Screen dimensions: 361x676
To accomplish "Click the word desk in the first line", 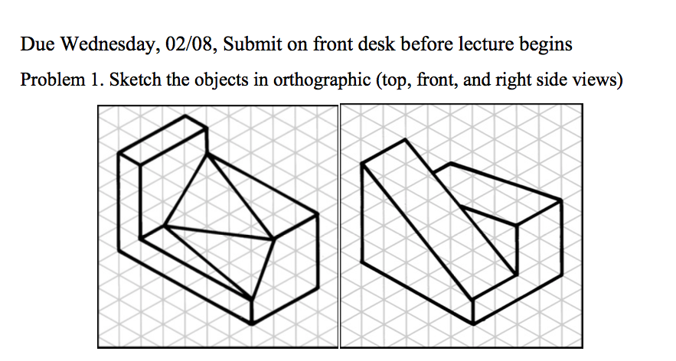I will pos(363,44).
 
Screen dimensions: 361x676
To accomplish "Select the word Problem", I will pos(48,80).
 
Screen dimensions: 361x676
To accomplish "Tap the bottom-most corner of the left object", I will pos(252,324).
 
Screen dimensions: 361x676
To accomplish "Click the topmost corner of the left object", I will pos(185,116).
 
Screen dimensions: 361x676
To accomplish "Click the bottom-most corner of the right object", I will pos(475,323).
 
